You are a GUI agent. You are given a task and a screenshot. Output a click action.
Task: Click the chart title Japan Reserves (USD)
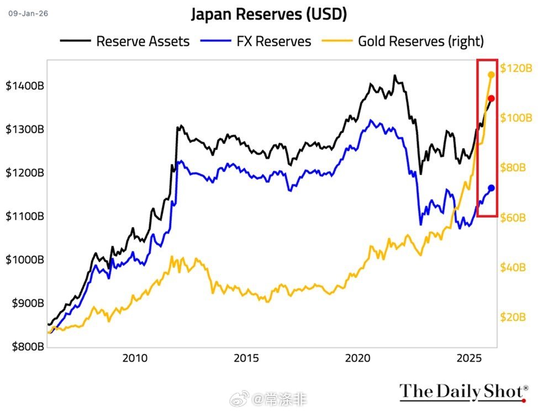[x=269, y=15]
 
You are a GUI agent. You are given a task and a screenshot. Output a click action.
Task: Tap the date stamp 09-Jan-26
[x=28, y=13]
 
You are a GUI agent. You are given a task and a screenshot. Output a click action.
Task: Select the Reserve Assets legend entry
[x=142, y=41]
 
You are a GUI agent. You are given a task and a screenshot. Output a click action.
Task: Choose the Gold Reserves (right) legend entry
[x=421, y=41]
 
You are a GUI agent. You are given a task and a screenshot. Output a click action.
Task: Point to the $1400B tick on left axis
[x=25, y=86]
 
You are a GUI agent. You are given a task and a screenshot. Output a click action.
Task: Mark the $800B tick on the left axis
[x=27, y=347]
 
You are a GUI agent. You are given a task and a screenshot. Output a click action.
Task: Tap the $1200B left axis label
[x=25, y=173]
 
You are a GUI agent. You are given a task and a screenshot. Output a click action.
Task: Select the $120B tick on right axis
[x=516, y=68]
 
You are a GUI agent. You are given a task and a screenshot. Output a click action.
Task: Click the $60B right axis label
[x=513, y=218]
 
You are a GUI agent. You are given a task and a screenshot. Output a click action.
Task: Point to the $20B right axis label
[x=513, y=317]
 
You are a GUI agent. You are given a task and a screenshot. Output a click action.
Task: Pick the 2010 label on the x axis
[x=135, y=358]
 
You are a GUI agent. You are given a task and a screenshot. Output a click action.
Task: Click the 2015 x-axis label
[x=246, y=358]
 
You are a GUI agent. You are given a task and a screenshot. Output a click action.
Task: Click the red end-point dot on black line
[x=491, y=98]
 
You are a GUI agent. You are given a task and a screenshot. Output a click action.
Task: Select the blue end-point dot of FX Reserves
[x=491, y=188]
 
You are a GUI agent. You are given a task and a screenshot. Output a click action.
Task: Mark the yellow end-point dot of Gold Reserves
[x=491, y=75]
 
